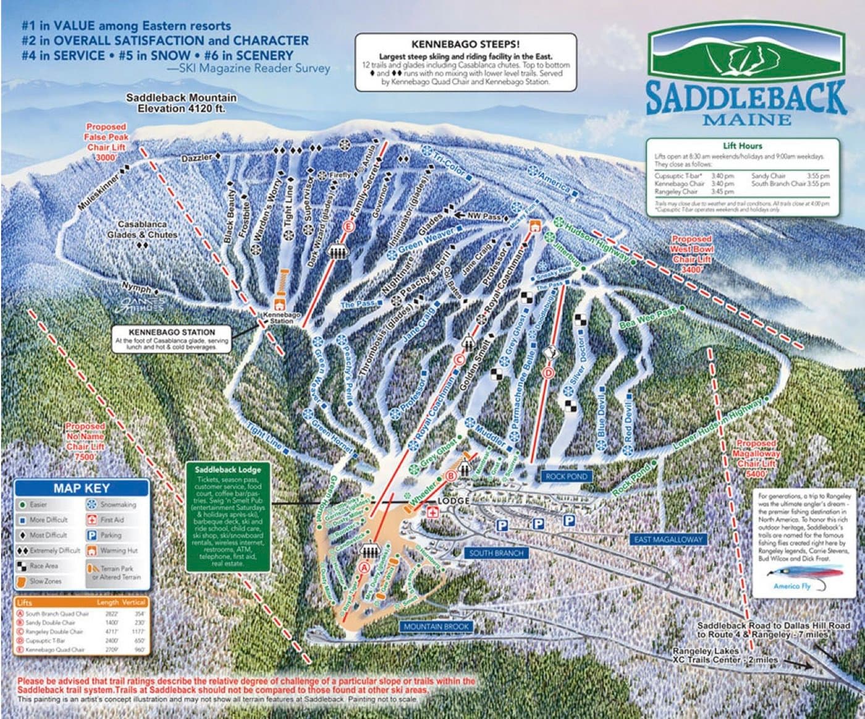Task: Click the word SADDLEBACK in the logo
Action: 746,96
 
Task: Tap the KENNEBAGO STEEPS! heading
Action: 465,44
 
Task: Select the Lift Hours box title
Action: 742,146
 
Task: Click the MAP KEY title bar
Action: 81,488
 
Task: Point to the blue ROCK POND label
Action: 567,477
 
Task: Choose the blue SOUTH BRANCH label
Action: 496,553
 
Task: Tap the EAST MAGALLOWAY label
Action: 668,539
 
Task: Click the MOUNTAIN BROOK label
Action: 436,626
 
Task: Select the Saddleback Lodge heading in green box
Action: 227,469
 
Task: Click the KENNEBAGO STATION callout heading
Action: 172,332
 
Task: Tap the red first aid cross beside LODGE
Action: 433,512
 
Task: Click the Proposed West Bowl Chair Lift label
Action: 691,254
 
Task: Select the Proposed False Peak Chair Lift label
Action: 106,142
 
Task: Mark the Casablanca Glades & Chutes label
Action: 142,230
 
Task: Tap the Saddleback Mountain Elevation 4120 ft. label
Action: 181,103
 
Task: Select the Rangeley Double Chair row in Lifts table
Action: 54,632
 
